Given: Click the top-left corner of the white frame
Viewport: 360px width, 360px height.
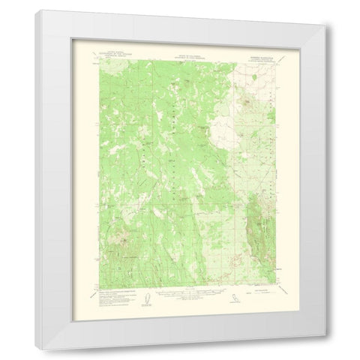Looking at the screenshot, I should pyautogui.click(x=35, y=10).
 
